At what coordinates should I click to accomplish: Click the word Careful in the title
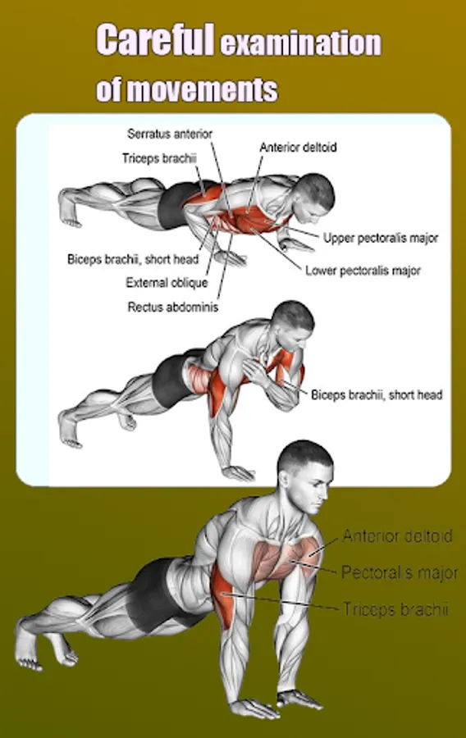[155, 40]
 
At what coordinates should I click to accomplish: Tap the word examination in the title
[301, 43]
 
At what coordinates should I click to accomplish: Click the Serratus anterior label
[170, 134]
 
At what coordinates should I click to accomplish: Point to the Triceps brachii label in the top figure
[159, 158]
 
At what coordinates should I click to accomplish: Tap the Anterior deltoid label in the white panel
[298, 148]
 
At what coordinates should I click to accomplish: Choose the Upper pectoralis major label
[381, 238]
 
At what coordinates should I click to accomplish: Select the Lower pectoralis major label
[363, 271]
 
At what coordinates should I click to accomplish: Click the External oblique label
[167, 283]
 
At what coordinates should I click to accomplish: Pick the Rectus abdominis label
[173, 307]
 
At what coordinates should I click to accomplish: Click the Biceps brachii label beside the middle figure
[377, 395]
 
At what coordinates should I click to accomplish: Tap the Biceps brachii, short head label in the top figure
[133, 259]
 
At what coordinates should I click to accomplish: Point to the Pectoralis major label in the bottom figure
[400, 572]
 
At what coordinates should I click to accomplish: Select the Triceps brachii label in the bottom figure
[395, 609]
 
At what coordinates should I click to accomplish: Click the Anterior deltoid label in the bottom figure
[397, 536]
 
